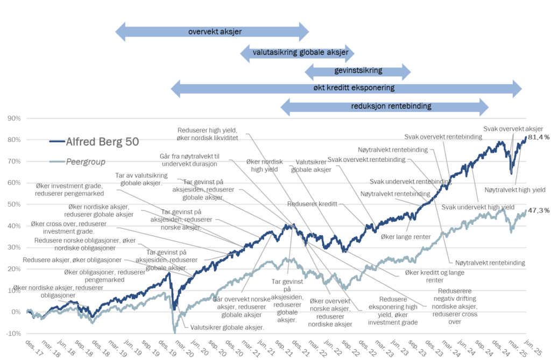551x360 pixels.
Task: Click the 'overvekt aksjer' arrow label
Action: click(215, 32)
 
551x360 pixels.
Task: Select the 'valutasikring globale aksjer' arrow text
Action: click(300, 53)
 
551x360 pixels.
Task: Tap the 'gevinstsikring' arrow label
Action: click(358, 70)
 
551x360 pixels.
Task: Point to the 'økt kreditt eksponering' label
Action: click(354, 88)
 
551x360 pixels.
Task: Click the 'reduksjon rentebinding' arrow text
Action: click(391, 106)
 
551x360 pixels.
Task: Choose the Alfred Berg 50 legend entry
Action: click(94, 142)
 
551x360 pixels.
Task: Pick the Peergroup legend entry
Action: click(77, 162)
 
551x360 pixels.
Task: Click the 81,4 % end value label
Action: click(539, 137)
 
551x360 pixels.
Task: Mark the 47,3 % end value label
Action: click(539, 210)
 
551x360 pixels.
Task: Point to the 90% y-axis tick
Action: click(14, 118)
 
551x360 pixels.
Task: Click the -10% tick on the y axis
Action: click(13, 333)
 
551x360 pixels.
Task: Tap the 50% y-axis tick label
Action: click(14, 204)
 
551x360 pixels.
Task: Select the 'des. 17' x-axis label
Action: click(34, 348)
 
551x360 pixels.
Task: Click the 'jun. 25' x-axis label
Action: click(533, 348)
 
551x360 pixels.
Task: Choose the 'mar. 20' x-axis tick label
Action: click(184, 348)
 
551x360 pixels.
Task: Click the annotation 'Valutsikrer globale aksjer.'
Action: click(227, 327)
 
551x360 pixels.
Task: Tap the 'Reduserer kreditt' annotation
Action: click(312, 204)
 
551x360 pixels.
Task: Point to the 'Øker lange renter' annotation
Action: click(406, 237)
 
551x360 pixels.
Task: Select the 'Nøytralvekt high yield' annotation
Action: click(515, 190)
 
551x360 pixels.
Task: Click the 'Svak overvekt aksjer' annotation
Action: click(513, 129)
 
